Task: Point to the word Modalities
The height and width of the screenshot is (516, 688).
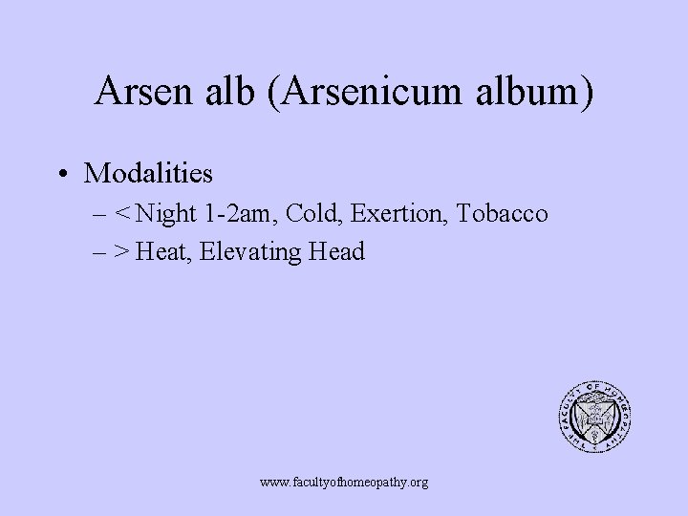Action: coord(149,174)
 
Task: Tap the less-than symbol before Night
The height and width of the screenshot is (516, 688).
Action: coord(123,214)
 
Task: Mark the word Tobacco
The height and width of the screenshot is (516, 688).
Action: coord(502,214)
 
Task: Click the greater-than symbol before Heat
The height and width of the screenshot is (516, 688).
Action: coord(123,252)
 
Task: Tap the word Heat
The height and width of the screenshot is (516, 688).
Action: coord(162,252)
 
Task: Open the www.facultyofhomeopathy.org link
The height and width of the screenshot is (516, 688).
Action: coord(344,483)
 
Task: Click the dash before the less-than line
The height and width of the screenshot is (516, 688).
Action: coord(100,214)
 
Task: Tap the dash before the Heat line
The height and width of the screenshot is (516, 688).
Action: coord(100,252)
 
